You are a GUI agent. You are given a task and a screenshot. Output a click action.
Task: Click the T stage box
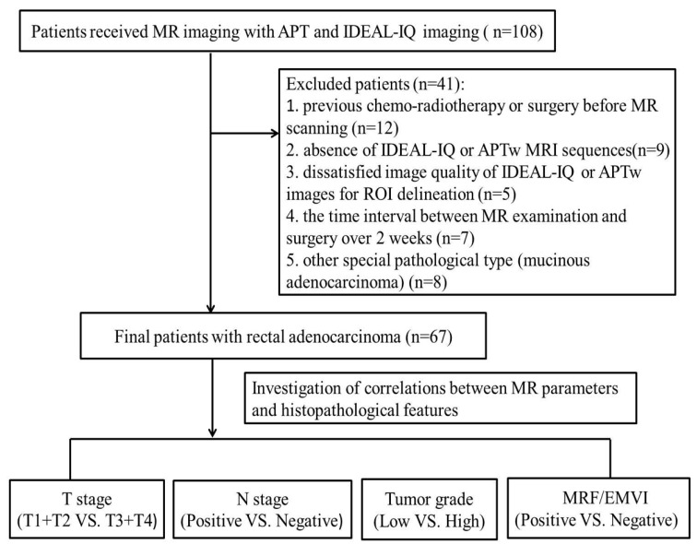pyautogui.click(x=86, y=512)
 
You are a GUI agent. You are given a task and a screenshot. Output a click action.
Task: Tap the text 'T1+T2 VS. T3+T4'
pyautogui.click(x=86, y=523)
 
